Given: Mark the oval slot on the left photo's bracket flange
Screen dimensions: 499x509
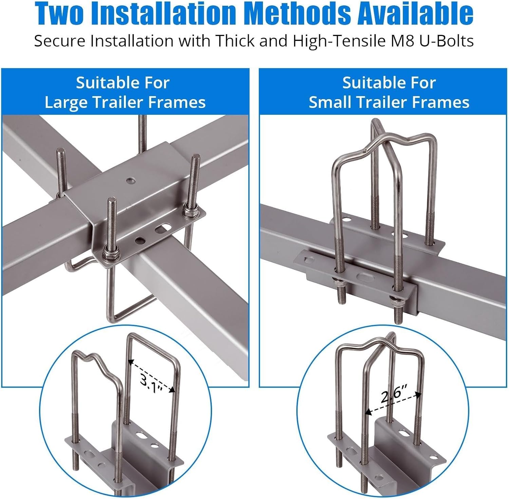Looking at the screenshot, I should coord(163,228).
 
